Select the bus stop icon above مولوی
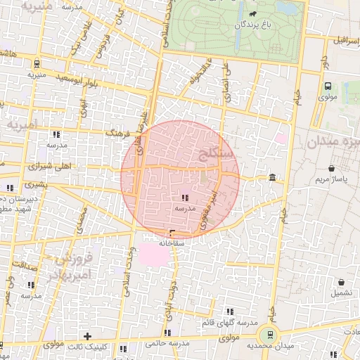[x=328, y=86]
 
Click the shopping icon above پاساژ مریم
[x=331, y=169]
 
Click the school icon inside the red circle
[x=184, y=199]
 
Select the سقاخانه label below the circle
[x=172, y=243]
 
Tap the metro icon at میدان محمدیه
[x=267, y=335]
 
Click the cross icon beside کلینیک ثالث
[x=87, y=336]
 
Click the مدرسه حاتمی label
[x=168, y=344]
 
